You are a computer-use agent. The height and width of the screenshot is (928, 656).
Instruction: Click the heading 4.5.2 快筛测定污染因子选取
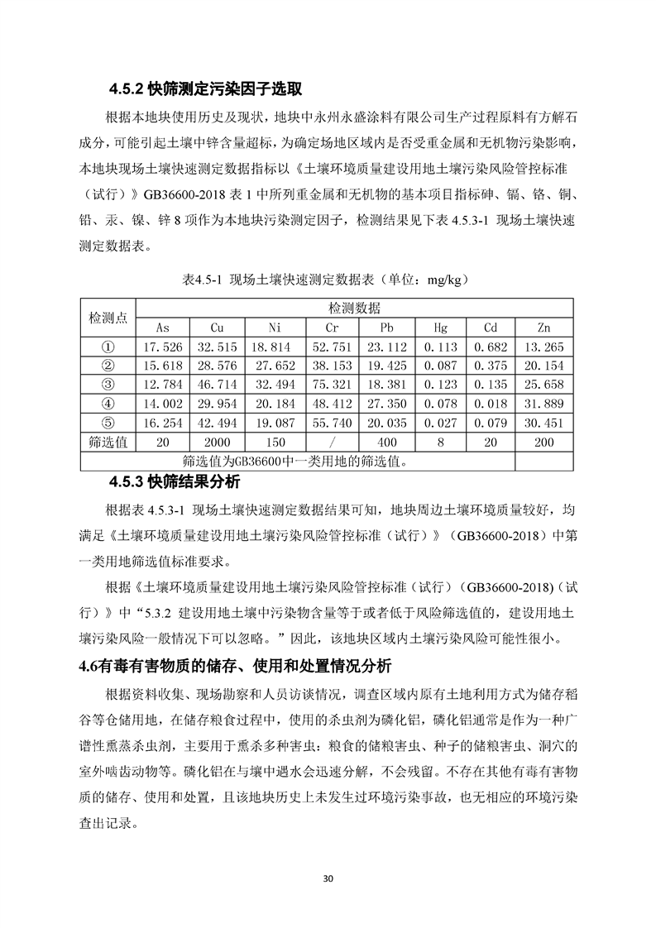click(x=205, y=88)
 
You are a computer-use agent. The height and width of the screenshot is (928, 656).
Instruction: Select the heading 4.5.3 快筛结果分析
click(x=181, y=481)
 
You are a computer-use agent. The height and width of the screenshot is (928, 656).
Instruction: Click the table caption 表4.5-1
click(x=328, y=280)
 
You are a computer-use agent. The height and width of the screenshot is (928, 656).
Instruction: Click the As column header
click(x=163, y=328)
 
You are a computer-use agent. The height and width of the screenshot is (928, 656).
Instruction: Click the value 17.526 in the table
click(x=163, y=347)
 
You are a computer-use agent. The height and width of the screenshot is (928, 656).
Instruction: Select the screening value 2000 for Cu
click(x=218, y=442)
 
